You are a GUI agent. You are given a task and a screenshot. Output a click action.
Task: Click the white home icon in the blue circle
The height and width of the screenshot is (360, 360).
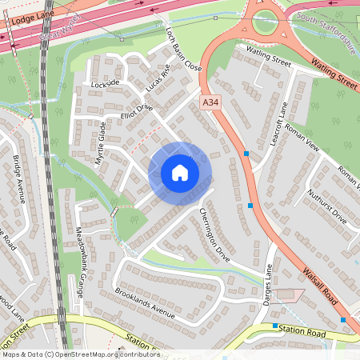pos(180,172)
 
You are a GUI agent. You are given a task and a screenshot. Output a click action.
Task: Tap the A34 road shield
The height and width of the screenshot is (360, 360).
pos(210,102)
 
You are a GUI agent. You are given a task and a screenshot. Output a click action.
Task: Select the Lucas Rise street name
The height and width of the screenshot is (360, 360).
pos(159,77)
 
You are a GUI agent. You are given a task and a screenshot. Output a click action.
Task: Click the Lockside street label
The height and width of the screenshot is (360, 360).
pos(105,83)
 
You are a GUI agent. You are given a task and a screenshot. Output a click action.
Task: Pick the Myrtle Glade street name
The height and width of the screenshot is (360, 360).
pos(101,142)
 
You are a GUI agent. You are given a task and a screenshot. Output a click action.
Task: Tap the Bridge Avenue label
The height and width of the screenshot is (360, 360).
pos(18,179)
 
